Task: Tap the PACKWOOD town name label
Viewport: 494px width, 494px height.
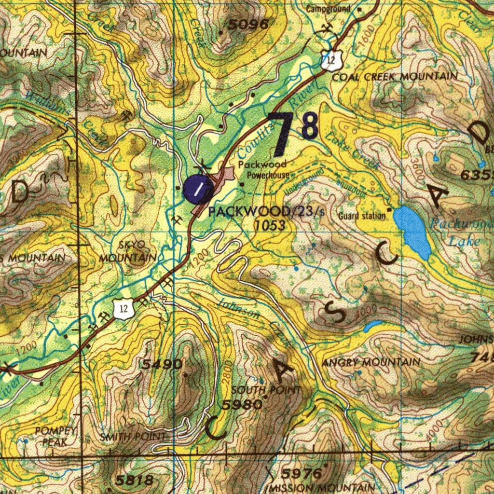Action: tap(249, 212)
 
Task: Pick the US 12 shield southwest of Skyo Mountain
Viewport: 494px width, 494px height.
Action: tap(124, 309)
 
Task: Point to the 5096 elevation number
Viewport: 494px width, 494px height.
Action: tap(248, 24)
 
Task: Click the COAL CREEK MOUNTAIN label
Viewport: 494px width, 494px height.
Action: tap(395, 77)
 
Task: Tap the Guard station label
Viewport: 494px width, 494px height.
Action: tap(362, 216)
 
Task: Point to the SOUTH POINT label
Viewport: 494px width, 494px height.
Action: tap(266, 390)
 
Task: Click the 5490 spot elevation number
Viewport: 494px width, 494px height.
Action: tap(163, 364)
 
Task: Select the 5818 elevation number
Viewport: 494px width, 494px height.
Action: tap(135, 480)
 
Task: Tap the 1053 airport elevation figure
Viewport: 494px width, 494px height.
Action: tap(270, 225)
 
